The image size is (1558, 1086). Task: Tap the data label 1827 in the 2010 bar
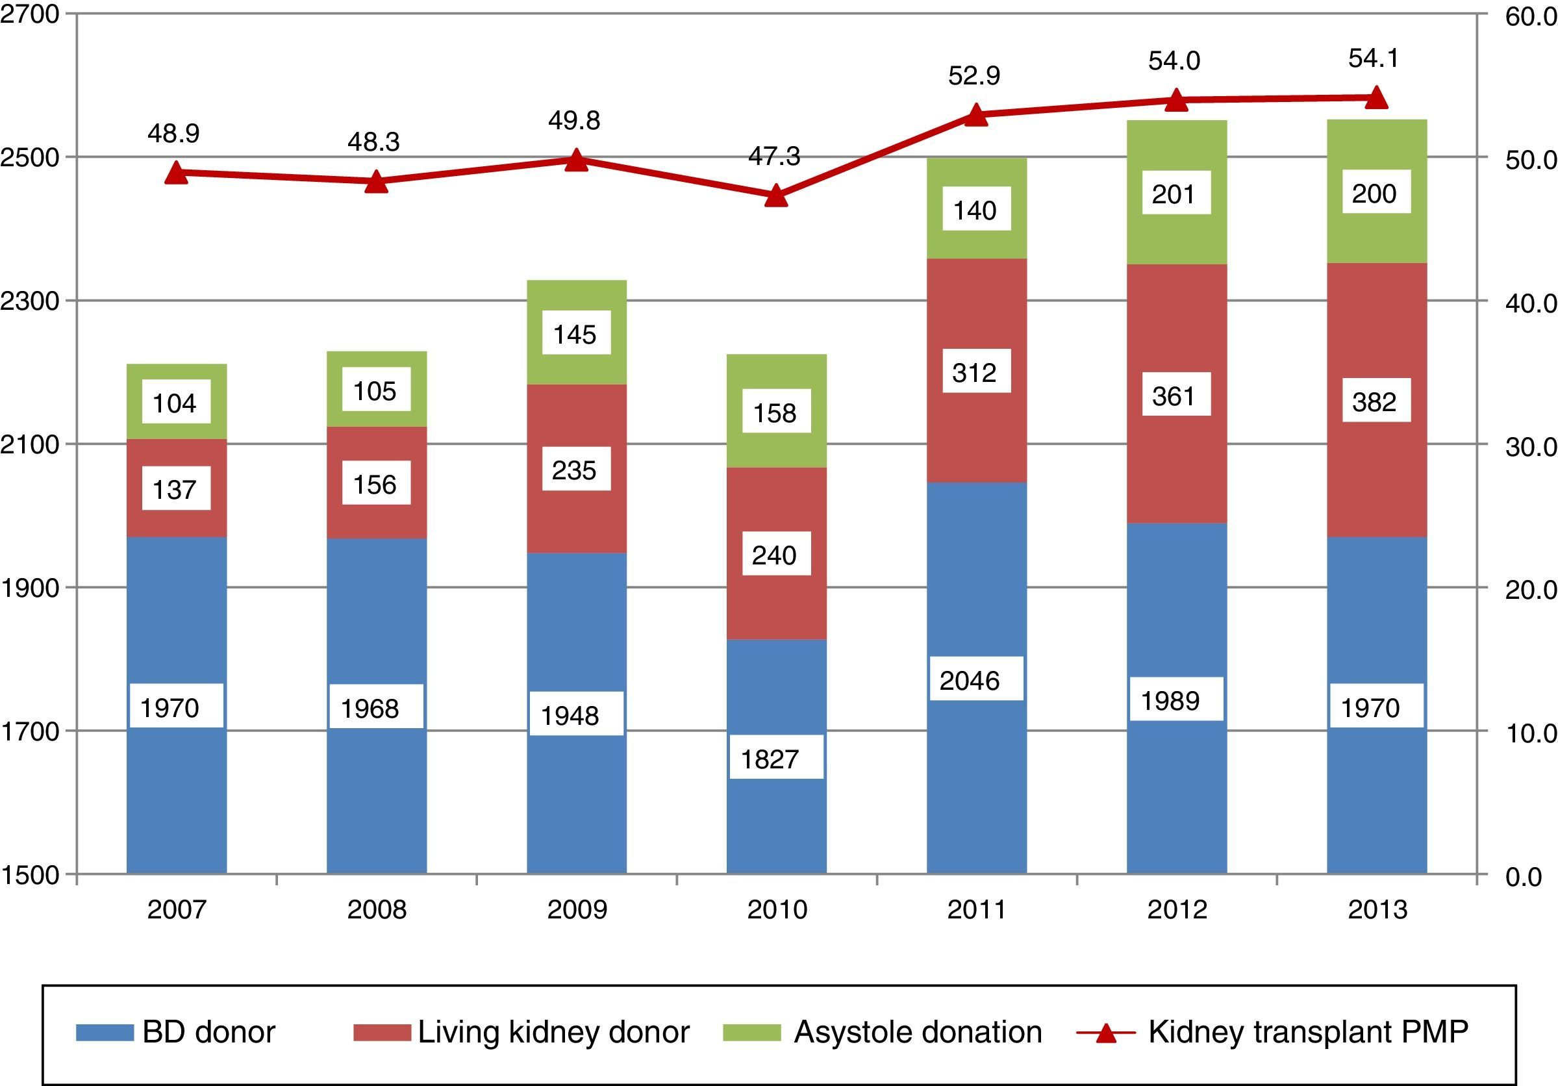click(770, 759)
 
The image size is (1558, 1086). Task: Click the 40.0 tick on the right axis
click(1531, 303)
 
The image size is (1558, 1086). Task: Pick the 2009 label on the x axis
click(577, 909)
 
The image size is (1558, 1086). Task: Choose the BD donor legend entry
click(177, 1031)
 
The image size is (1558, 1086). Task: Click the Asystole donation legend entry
click(882, 1031)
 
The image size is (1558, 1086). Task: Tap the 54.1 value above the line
click(1374, 58)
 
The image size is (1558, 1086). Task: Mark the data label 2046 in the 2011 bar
click(969, 680)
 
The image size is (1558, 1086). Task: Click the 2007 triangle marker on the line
click(176, 172)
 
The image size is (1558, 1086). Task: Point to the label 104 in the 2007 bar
click(175, 403)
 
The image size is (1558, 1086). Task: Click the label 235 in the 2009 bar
click(574, 470)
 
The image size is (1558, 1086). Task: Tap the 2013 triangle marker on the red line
click(1376, 97)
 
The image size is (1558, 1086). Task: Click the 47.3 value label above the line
click(774, 156)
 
